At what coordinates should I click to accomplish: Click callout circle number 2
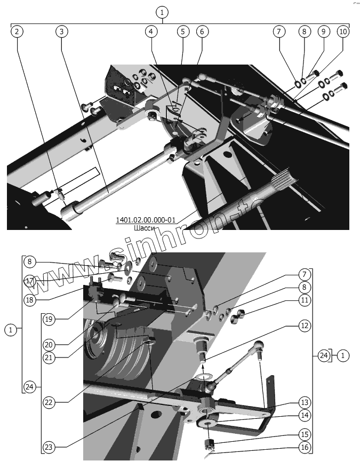pyautogui.click(x=17, y=31)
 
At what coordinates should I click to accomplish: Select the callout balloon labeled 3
pyautogui.click(x=62, y=31)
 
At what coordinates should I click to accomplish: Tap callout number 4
pyautogui.click(x=151, y=31)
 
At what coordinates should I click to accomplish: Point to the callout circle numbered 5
pyautogui.click(x=182, y=31)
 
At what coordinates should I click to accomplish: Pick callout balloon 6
pyautogui.click(x=201, y=31)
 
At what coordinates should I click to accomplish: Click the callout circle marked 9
pyautogui.click(x=323, y=31)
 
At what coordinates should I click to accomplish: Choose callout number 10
pyautogui.click(x=343, y=31)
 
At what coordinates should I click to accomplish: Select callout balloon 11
pyautogui.click(x=303, y=300)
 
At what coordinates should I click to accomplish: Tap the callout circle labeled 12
pyautogui.click(x=303, y=325)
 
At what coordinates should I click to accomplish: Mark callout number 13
pyautogui.click(x=303, y=402)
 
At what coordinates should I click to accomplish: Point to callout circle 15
pyautogui.click(x=303, y=434)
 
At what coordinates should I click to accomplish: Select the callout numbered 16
pyautogui.click(x=303, y=447)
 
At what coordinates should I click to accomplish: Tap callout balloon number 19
pyautogui.click(x=49, y=319)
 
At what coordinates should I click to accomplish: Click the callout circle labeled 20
pyautogui.click(x=49, y=344)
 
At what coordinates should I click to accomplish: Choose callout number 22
pyautogui.click(x=49, y=402)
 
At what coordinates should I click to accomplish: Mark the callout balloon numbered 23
pyautogui.click(x=49, y=446)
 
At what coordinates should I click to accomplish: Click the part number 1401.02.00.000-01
pyautogui.click(x=145, y=219)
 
